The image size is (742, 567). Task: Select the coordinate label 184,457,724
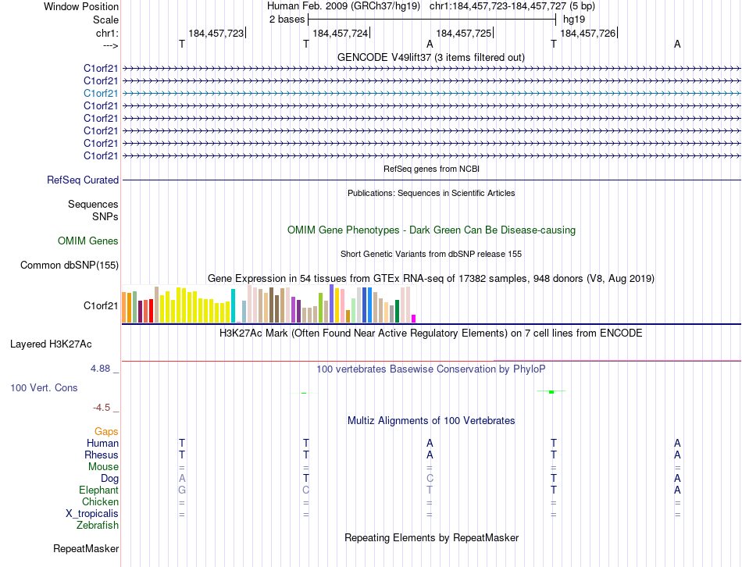[340, 33]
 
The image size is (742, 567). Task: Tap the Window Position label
[81, 6]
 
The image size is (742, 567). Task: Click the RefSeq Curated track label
[83, 180]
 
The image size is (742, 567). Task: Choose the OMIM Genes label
[88, 241]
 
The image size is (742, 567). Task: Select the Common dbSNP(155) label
[70, 266]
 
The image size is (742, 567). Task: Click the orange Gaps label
[106, 431]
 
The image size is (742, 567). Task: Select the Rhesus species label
[102, 455]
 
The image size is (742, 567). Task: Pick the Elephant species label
[99, 490]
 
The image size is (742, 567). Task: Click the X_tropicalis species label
[92, 513]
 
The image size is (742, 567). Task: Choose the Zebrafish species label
[98, 525]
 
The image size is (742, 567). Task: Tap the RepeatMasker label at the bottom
[86, 549]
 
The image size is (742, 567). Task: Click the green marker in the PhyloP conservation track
[551, 391]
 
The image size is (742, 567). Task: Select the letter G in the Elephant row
[182, 490]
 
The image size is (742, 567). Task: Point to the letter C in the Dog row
[430, 478]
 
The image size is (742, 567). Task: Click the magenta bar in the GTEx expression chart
[413, 318]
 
